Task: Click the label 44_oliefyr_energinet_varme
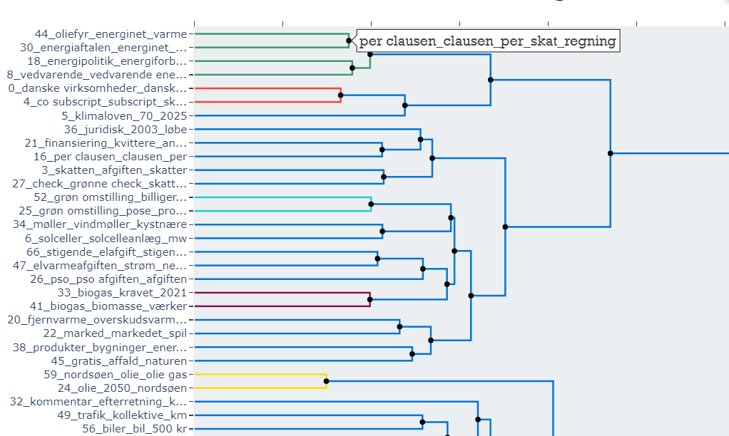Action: tap(111, 33)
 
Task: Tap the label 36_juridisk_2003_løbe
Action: tap(125, 129)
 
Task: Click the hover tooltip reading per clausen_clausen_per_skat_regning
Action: tap(487, 41)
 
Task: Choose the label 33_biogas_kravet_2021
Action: tap(122, 293)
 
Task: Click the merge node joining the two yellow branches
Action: tap(326, 381)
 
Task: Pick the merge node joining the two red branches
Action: tap(340, 95)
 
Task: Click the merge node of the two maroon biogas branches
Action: tap(369, 299)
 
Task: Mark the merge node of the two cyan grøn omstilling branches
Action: tap(370, 204)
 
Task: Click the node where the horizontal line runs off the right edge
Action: tap(610, 153)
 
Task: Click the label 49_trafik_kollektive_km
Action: tap(122, 415)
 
